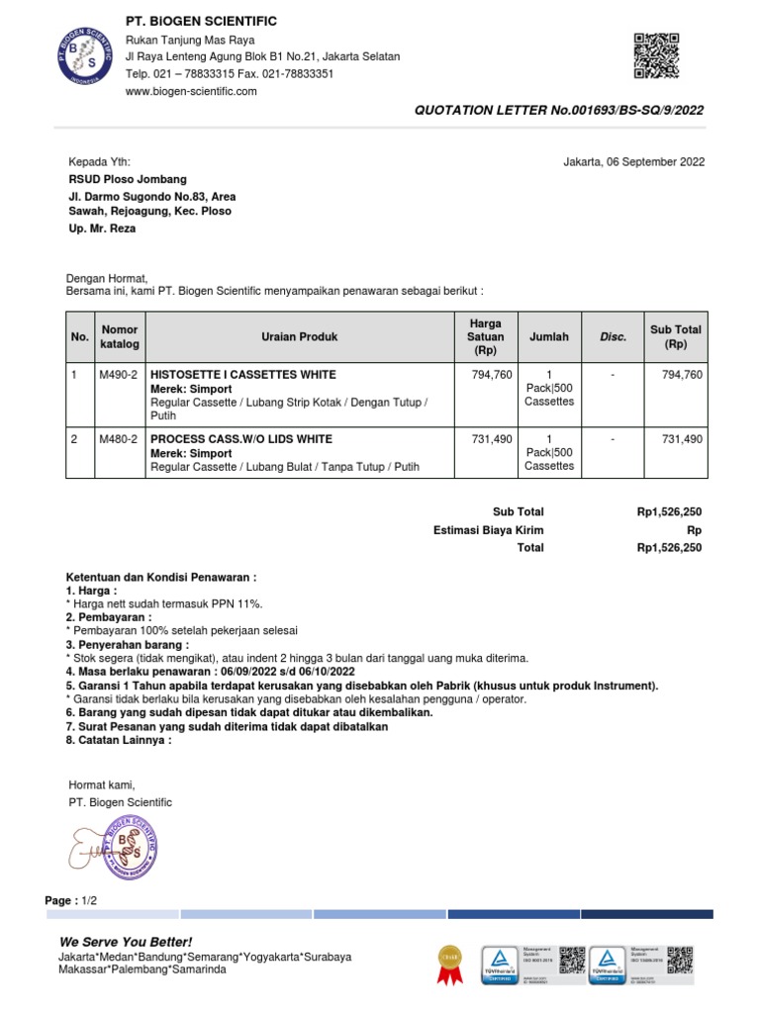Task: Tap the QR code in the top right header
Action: [656, 55]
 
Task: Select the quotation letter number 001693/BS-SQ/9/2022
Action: [559, 111]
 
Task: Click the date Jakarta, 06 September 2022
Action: [633, 162]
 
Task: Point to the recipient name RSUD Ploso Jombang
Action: [127, 179]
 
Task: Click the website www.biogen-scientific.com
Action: [191, 91]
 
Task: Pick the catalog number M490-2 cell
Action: [119, 375]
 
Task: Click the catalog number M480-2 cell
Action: [119, 439]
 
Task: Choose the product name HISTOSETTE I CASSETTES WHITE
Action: [242, 375]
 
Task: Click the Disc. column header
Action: [614, 337]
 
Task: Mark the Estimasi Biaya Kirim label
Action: [488, 530]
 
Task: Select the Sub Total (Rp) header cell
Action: [676, 337]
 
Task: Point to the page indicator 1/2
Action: [90, 901]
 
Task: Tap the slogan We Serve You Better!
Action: [126, 942]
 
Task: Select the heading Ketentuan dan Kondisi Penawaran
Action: [161, 577]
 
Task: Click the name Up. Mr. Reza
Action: [102, 229]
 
